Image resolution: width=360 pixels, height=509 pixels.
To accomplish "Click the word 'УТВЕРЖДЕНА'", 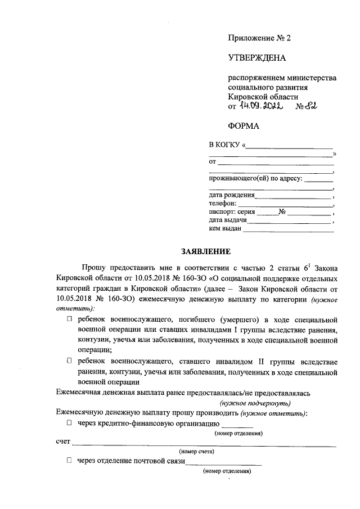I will pyautogui.click(x=256, y=58).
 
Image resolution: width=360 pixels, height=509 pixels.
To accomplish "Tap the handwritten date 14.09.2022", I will pyautogui.click(x=260, y=105).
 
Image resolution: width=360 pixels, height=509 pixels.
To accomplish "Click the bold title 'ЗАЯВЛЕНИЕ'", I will pyautogui.click(x=197, y=251).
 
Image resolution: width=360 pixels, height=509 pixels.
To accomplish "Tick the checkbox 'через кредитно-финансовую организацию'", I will pyautogui.click(x=69, y=423).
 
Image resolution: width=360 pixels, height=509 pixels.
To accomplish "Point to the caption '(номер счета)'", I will pyautogui.click(x=196, y=452).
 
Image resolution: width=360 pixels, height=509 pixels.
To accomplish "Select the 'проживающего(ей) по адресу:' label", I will pyautogui.click(x=255, y=179).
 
